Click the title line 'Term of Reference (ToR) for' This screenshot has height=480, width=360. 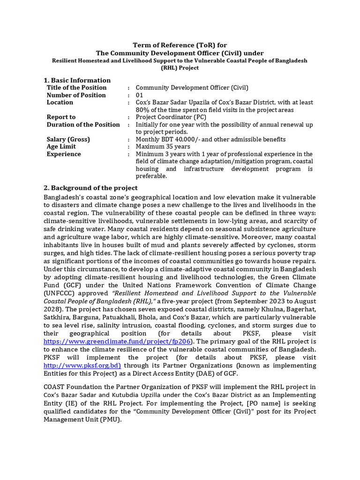click(180, 45)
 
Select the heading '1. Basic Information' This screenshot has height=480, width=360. click(77, 80)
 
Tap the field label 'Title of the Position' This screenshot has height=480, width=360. click(76, 88)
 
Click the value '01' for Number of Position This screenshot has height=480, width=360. click(140, 95)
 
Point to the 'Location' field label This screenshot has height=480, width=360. click(60, 102)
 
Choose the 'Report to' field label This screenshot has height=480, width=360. click(61, 117)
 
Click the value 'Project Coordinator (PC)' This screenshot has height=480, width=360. click(171, 117)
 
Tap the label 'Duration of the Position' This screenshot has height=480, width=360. click(83, 125)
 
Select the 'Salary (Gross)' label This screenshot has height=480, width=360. click(68, 140)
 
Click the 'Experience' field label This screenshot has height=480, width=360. click(64, 154)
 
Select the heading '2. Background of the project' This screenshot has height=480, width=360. click(90, 188)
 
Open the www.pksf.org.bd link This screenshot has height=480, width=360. click(82, 365)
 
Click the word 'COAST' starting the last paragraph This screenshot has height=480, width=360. click(55, 387)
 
